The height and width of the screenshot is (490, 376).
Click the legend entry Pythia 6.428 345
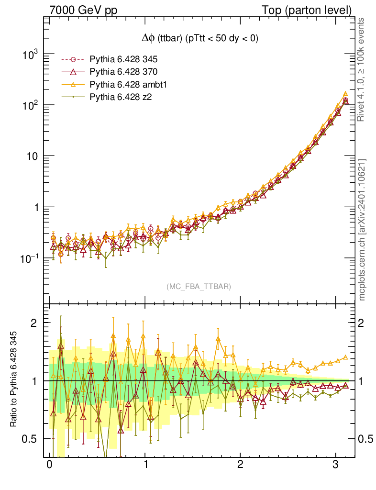[x=123, y=60]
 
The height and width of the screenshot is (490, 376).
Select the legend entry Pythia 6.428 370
[x=123, y=72]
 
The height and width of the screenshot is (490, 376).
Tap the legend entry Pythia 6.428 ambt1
[x=126, y=84]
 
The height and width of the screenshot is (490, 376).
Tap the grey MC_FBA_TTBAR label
[x=199, y=287]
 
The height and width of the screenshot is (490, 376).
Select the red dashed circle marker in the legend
[x=73, y=60]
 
